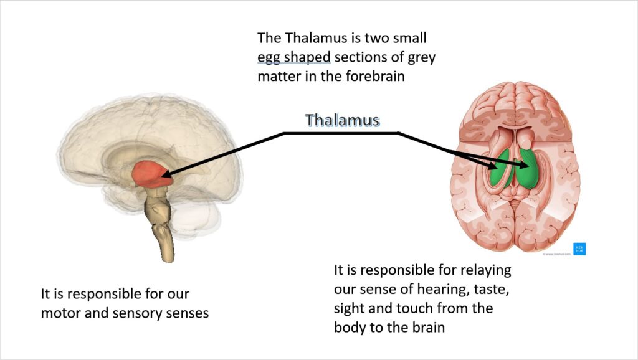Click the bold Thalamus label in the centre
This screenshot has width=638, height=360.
coord(343,120)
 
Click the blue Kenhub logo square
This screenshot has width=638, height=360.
coord(579,248)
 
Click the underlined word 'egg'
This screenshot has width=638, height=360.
coord(269,59)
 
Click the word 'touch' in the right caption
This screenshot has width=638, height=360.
coord(418,308)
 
